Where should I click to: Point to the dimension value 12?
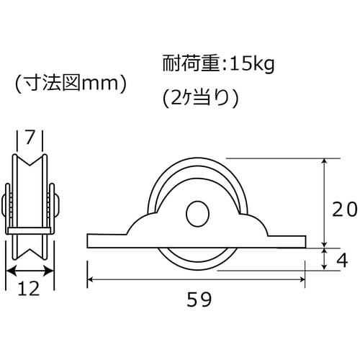point(30,289)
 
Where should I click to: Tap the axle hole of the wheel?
point(195,214)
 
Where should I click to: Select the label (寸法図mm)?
point(70,85)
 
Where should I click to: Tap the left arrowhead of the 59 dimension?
point(91,280)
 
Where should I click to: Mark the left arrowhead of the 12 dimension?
point(9,271)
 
